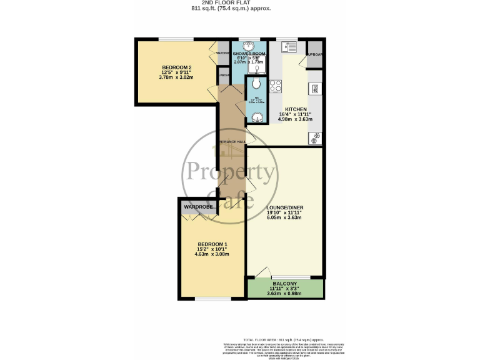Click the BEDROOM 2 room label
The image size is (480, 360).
[x=176, y=67]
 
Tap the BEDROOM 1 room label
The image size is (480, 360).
[x=212, y=244]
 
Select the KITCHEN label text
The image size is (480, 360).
[x=295, y=108]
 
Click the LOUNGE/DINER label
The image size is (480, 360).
[x=284, y=207]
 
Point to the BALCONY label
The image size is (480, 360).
[x=285, y=282]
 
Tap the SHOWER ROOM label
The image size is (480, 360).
[x=249, y=54]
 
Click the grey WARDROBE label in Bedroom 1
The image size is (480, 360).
[x=199, y=206]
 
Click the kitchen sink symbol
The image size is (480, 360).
[x=291, y=46]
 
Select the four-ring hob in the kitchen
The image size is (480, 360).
[x=276, y=86]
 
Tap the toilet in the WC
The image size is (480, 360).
[x=256, y=84]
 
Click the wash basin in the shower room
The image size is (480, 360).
[x=249, y=46]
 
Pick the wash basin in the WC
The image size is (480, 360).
[x=256, y=116]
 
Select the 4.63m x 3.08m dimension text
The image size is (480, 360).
[x=212, y=254]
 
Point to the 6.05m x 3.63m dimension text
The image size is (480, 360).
[x=284, y=218]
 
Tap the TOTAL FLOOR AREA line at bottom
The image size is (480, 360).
[x=284, y=337]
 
